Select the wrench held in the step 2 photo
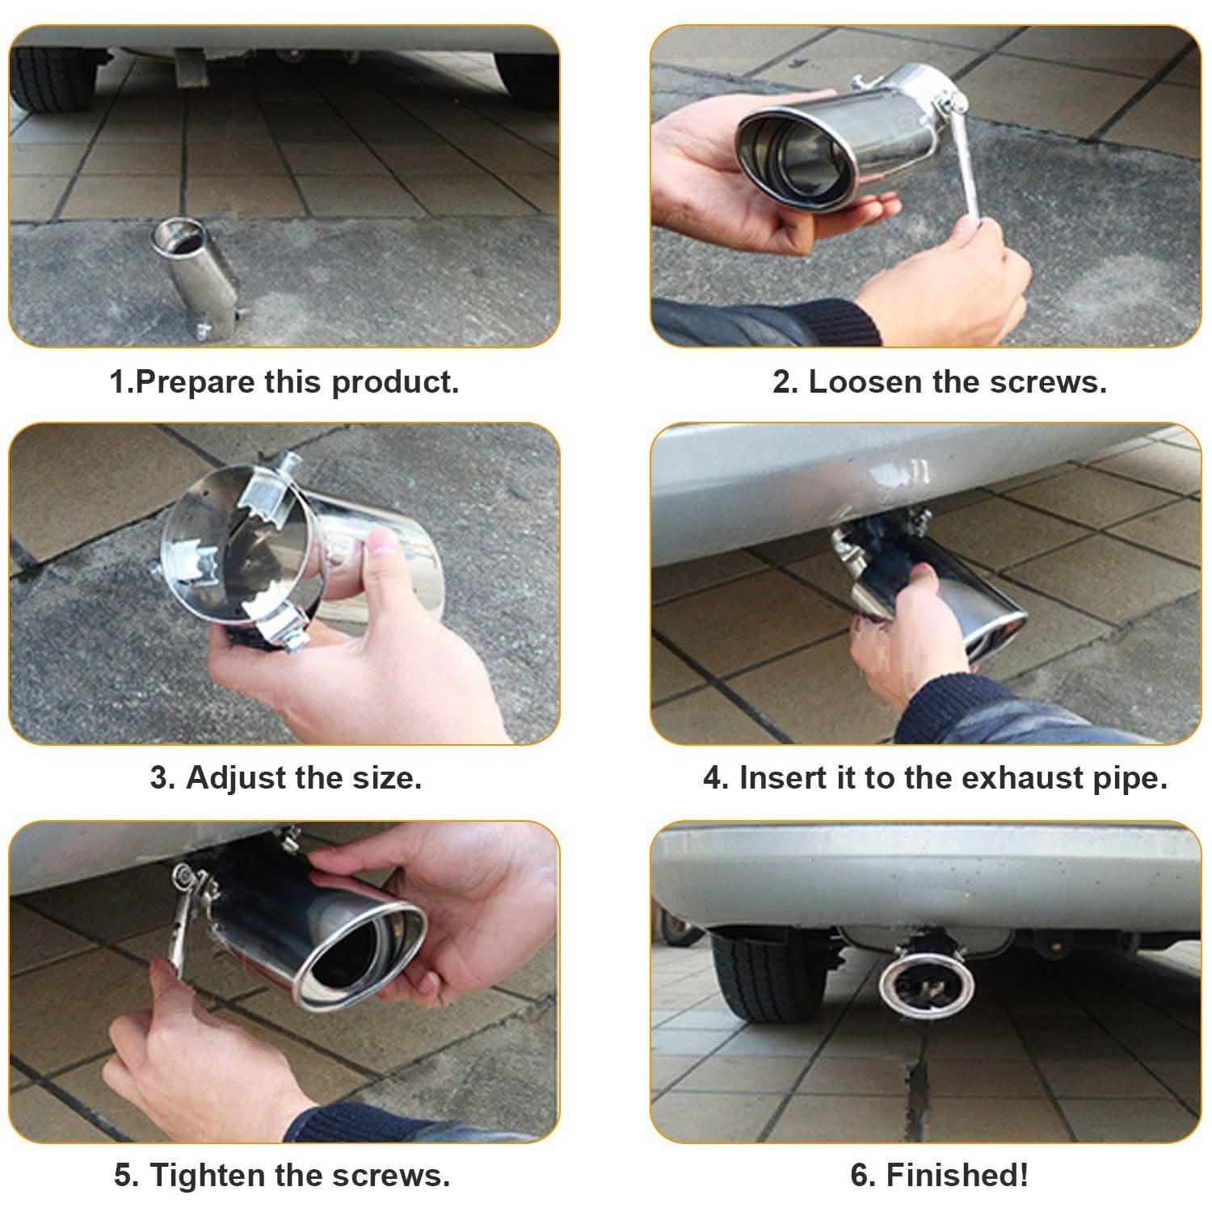(970, 169)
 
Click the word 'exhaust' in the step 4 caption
(1022, 777)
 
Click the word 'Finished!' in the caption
(957, 1174)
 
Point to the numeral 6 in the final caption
(860, 1174)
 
